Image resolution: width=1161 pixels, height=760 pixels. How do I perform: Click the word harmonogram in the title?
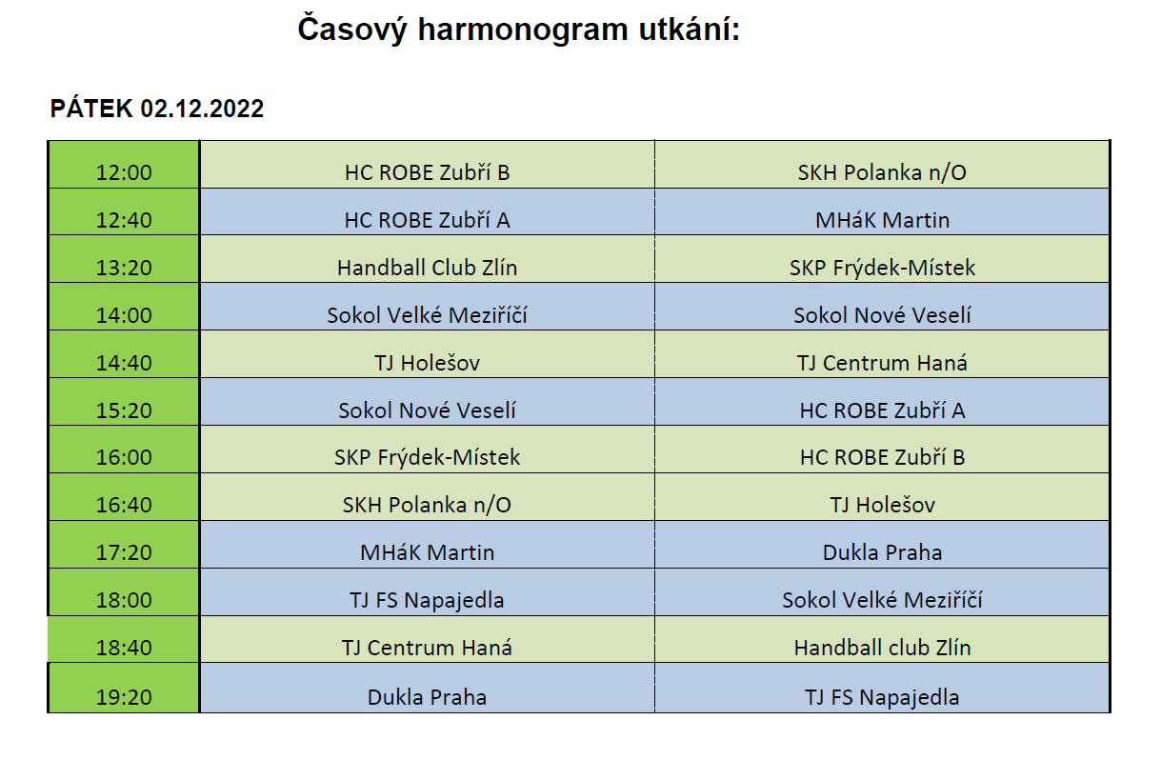523,30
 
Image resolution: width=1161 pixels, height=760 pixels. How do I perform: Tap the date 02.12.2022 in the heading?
202,109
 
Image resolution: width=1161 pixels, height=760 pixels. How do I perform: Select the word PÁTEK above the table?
91,109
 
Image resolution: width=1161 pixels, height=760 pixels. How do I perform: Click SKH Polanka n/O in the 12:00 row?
882,172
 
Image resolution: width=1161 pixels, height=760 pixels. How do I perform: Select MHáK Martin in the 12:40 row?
882,220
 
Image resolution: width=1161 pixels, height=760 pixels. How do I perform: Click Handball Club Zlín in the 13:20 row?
427,268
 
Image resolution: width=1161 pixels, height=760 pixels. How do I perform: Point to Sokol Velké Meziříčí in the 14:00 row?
427,315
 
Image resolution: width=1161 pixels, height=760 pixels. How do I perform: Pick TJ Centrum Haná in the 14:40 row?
882,363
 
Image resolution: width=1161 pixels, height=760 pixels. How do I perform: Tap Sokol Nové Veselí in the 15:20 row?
427,410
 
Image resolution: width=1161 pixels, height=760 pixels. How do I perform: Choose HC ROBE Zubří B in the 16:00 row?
882,457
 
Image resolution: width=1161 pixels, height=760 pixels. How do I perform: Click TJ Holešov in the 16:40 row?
882,505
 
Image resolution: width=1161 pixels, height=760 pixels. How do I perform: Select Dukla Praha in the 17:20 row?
882,552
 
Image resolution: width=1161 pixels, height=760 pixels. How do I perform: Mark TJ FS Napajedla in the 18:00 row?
427,600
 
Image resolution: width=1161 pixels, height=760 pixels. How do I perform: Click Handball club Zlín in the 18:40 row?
882,648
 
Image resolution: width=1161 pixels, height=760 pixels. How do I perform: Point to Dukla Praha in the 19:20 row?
427,697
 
